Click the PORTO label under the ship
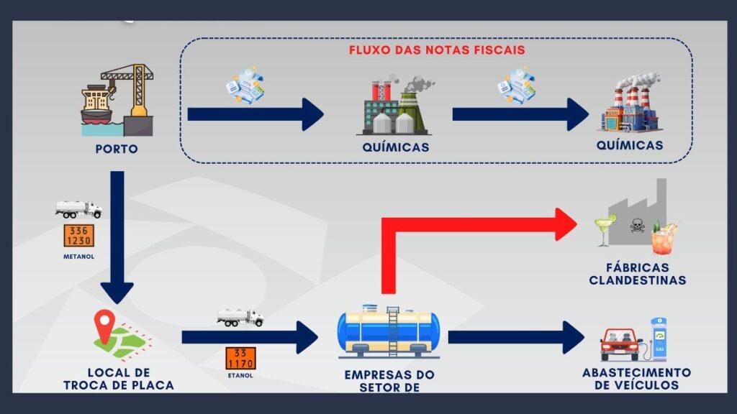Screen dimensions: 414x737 tap(117, 149)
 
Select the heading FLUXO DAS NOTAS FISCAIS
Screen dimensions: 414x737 tap(437, 50)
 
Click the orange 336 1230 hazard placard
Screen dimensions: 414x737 tap(78, 235)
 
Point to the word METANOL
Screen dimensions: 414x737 tap(78, 255)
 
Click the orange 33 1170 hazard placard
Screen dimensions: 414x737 tap(240, 358)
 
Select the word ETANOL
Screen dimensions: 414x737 tap(241, 376)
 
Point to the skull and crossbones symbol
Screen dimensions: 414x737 tap(636, 226)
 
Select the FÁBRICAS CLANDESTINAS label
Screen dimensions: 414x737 tap(637, 274)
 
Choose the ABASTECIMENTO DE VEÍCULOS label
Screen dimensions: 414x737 tap(636, 379)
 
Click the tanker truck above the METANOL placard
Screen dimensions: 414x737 tap(79, 209)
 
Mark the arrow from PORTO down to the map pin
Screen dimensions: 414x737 tap(117, 237)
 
